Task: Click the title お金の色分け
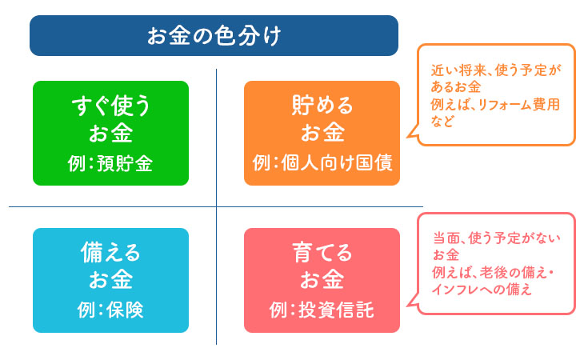[x=214, y=36]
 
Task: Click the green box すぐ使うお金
[x=110, y=133]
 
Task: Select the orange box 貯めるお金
[x=322, y=133]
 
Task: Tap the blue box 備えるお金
[x=110, y=280]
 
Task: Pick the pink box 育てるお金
[x=322, y=280]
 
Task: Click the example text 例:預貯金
[x=110, y=164]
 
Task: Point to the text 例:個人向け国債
[x=322, y=164]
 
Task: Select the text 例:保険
[x=110, y=310]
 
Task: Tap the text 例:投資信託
[x=322, y=310]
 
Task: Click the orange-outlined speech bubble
[x=496, y=94]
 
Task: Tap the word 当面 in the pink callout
[x=445, y=238]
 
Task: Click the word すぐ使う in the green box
[x=110, y=106]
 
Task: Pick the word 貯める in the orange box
[x=322, y=106]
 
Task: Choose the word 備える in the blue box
[x=110, y=253]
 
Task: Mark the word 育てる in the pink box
[x=322, y=253]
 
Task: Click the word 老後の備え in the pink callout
[x=512, y=274]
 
